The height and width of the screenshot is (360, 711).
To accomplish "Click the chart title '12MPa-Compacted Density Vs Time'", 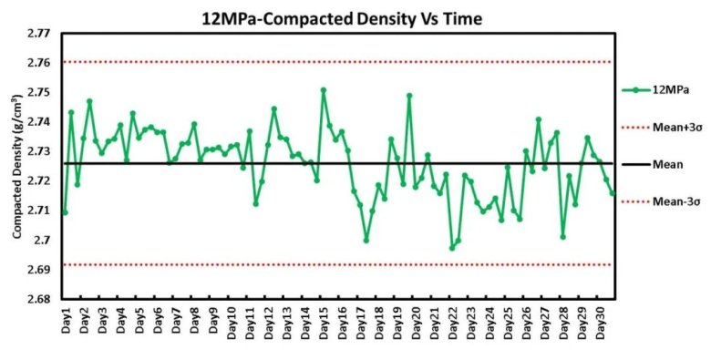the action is (342, 18).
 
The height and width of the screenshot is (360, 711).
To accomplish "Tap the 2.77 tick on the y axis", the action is (39, 34).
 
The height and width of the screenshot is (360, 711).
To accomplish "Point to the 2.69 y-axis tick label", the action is (39, 270).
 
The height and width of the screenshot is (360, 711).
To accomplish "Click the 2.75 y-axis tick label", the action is (39, 92).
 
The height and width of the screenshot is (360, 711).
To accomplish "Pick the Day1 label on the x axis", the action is (67, 321).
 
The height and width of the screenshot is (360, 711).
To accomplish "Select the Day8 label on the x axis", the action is (194, 321).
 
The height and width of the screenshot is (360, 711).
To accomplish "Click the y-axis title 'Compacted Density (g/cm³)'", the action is (16, 167).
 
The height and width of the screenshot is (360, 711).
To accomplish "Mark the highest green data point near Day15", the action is (324, 90).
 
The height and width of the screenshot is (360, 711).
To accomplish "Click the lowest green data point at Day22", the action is (452, 248).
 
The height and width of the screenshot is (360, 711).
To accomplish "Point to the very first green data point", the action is (65, 212).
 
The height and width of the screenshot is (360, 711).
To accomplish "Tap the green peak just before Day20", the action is (409, 96).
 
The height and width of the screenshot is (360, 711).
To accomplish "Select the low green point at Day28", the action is (562, 237).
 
